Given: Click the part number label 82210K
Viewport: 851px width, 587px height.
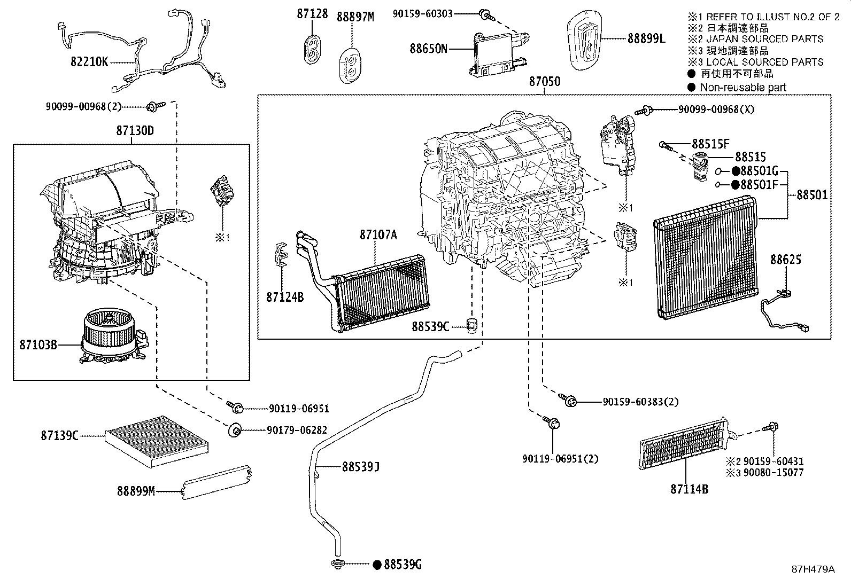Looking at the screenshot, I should [x=89, y=62].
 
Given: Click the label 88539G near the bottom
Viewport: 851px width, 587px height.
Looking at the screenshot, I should [x=403, y=564].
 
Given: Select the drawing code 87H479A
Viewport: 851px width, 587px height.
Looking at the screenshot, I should [x=813, y=569].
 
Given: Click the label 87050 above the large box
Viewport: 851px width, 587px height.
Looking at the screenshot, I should [x=545, y=82].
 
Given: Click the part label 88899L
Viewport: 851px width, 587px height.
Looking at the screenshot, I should [x=646, y=38].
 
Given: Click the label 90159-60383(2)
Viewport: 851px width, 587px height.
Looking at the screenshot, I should [x=640, y=402].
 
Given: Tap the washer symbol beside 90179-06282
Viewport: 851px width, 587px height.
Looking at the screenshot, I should [x=235, y=430].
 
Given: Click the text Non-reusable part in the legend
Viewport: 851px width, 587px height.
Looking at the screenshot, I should [x=743, y=87].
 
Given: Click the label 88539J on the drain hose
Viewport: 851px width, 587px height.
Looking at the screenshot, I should [x=361, y=467].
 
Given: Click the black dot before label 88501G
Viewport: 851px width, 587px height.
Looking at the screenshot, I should [x=736, y=171].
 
